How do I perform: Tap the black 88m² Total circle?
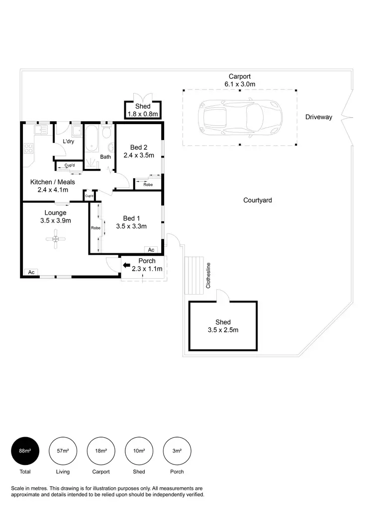pyautogui.click(x=25, y=451)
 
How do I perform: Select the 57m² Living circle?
pyautogui.click(x=63, y=451)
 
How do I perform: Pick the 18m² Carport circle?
pyautogui.click(x=101, y=451)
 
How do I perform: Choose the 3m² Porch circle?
pyautogui.click(x=177, y=451)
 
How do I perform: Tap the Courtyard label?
pyautogui.click(x=257, y=200)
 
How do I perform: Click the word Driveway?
pyautogui.click(x=318, y=117)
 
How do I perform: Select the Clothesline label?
pyautogui.click(x=208, y=275)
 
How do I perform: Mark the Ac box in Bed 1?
pyautogui.click(x=151, y=250)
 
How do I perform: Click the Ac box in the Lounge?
pyautogui.click(x=31, y=272)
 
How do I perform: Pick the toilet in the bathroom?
pyautogui.click(x=106, y=135)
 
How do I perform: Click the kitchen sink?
pyautogui.click(x=40, y=131)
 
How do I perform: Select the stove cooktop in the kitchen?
pyautogui.click(x=28, y=148)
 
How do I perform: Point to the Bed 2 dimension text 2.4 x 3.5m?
pyautogui.click(x=139, y=155)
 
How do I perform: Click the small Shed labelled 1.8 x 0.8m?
pyautogui.click(x=143, y=110)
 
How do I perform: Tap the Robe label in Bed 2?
pyautogui.click(x=148, y=185)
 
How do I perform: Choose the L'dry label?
pyautogui.click(x=69, y=142)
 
